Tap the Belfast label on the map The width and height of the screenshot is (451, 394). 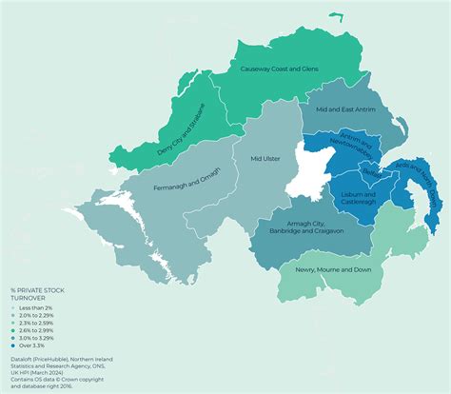click(x=374, y=175)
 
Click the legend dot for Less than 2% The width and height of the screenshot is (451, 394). click(x=13, y=307)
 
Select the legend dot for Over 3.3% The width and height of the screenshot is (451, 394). click(x=13, y=345)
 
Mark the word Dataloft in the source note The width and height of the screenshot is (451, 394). click(x=22, y=357)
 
